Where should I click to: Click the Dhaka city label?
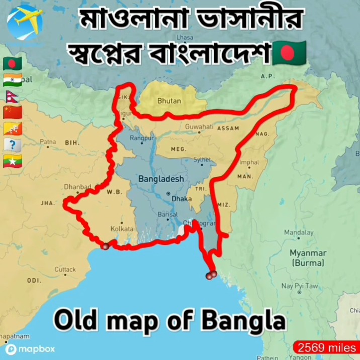(182, 199)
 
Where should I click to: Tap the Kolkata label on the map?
(122, 228)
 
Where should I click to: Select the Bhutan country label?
(169, 101)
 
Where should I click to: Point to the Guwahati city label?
(199, 127)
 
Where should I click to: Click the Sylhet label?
(202, 160)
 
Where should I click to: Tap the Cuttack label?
(65, 269)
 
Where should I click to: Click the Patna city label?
(48, 142)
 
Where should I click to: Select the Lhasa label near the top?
(185, 38)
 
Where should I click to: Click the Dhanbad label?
(77, 187)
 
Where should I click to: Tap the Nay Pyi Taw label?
(300, 286)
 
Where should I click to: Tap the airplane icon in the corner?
(24, 21)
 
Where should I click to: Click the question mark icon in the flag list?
(12, 145)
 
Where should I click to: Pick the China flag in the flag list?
(12, 112)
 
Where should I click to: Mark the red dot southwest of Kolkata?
(105, 246)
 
